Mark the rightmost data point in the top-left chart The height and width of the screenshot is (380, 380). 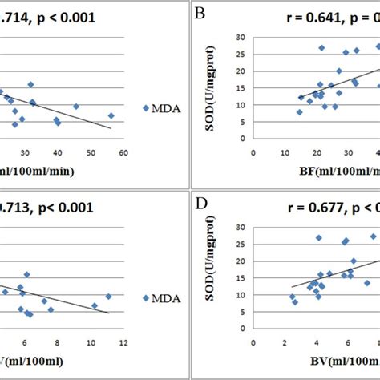111,115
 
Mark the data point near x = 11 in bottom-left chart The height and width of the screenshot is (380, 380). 108,296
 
